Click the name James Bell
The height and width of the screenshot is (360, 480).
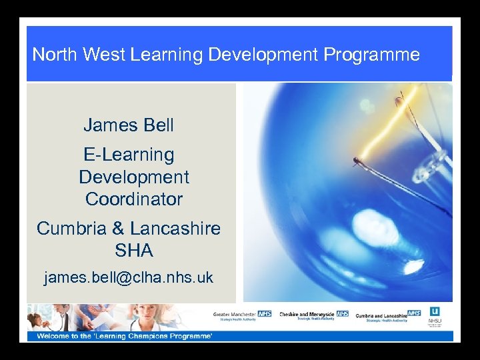tap(129, 125)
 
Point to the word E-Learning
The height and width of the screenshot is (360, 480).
tap(129, 155)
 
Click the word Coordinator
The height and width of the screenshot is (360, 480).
tap(134, 199)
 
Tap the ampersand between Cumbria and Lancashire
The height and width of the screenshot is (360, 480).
tap(118, 229)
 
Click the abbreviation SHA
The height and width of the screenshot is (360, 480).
tap(134, 251)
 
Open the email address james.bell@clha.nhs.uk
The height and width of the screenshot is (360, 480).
tap(129, 277)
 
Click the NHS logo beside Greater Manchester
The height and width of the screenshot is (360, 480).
tap(265, 313)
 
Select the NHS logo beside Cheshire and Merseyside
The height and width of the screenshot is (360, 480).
tap(343, 313)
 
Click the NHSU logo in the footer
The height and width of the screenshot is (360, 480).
tap(435, 315)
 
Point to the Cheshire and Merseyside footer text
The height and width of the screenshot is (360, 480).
tap(307, 313)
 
